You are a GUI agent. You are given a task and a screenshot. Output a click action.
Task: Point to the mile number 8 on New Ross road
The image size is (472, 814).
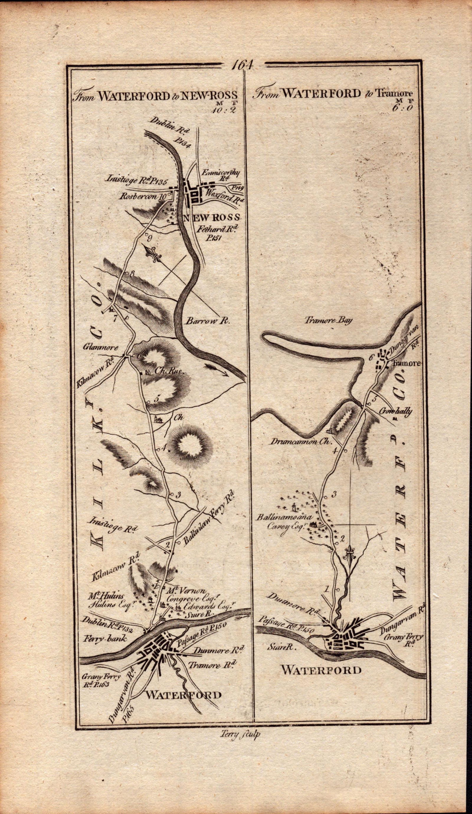(x=132, y=273)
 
